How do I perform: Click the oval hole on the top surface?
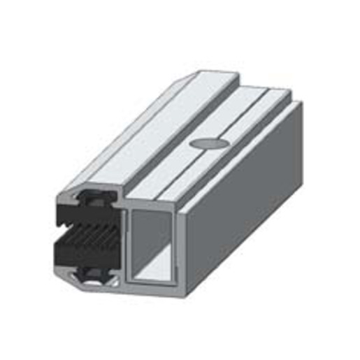coord(208,143)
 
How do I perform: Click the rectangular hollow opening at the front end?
coord(150,245)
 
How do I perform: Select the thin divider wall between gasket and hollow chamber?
coord(124,245)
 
